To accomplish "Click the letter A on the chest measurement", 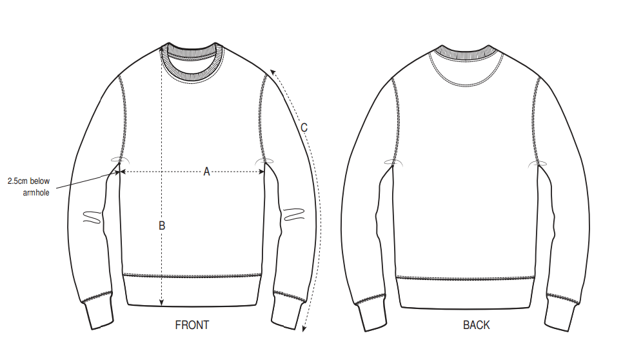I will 207,172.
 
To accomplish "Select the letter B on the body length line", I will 162,226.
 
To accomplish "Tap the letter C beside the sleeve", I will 304,128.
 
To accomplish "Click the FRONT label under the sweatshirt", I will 192,325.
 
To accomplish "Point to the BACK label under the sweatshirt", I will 477,325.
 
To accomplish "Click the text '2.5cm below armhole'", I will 29,187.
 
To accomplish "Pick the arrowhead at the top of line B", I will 161,47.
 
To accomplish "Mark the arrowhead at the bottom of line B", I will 161,304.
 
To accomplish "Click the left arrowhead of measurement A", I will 123,172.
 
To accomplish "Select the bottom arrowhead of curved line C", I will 304,332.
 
